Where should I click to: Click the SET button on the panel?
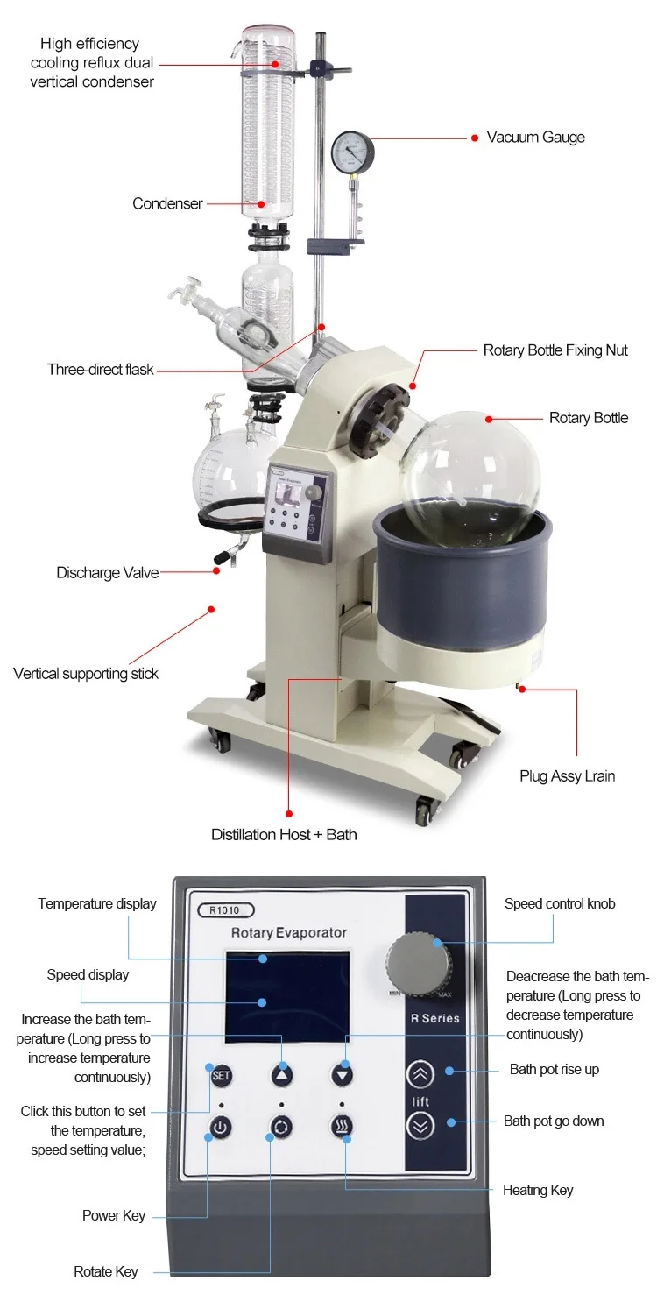point(220,1075)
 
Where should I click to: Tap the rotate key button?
point(282,1127)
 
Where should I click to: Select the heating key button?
point(342,1127)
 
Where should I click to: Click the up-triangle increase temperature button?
point(282,1075)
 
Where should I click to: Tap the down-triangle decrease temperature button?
point(342,1075)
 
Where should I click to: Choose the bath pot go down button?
point(421,1126)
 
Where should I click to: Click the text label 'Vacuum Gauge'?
point(535,138)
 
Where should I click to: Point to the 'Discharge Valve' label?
point(108,573)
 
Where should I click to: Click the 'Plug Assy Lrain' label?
point(567,775)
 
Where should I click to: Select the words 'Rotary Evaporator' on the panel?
point(289,933)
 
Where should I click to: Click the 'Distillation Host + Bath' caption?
point(284,834)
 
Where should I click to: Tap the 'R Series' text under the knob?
point(434,1018)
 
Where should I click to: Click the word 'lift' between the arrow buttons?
point(421,1100)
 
